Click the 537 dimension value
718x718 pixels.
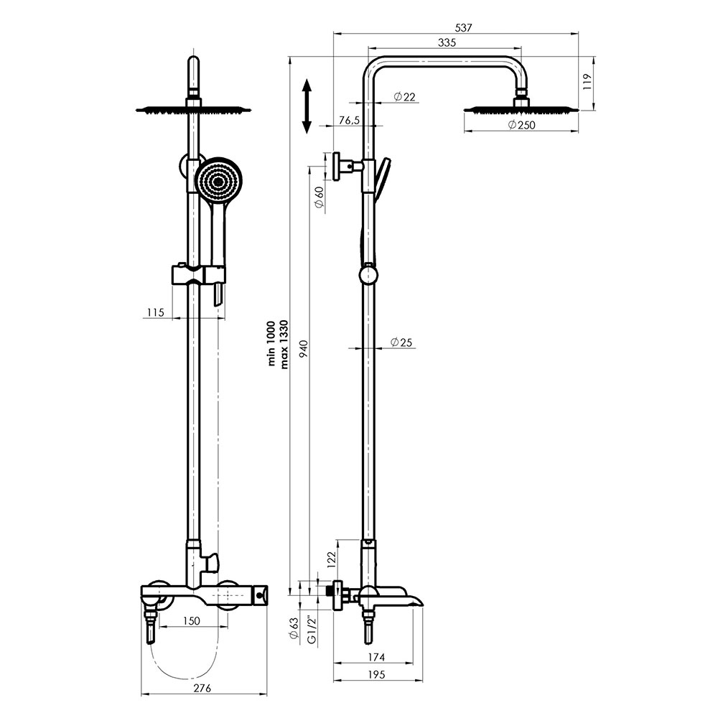pyautogui.click(x=463, y=27)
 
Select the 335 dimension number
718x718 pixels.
pyautogui.click(x=447, y=42)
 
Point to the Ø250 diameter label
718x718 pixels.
pyautogui.click(x=521, y=124)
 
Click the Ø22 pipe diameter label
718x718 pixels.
pyautogui.click(x=404, y=97)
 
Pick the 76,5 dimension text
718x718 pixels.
pyautogui.click(x=350, y=121)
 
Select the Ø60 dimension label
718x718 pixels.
pyautogui.click(x=320, y=197)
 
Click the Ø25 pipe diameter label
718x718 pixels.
pyautogui.click(x=401, y=342)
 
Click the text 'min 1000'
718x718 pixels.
pyautogui.click(x=271, y=343)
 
